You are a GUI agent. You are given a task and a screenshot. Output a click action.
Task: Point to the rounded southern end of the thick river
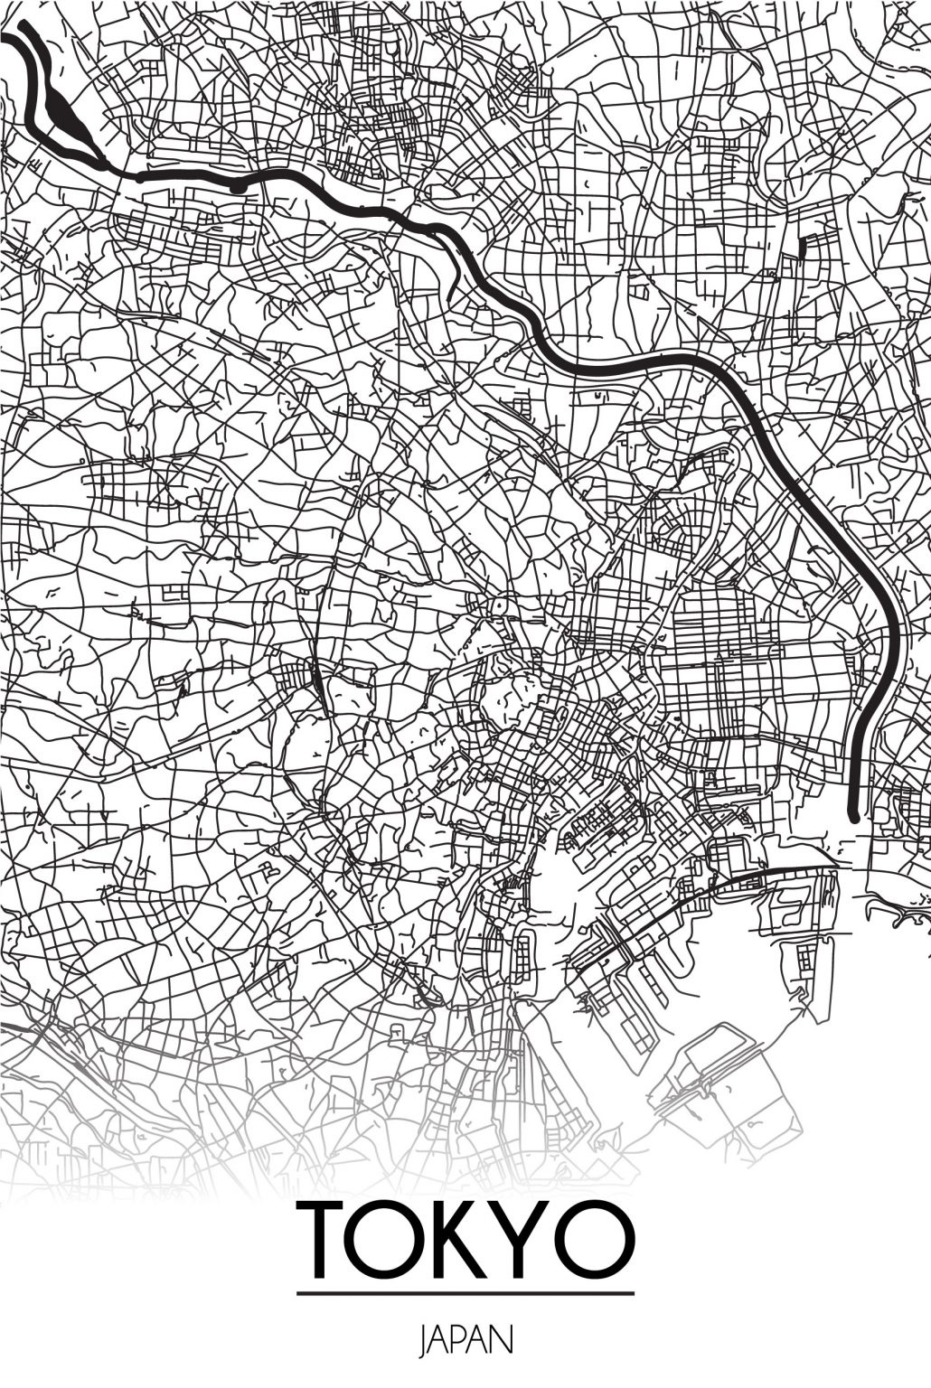pos(854,812)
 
